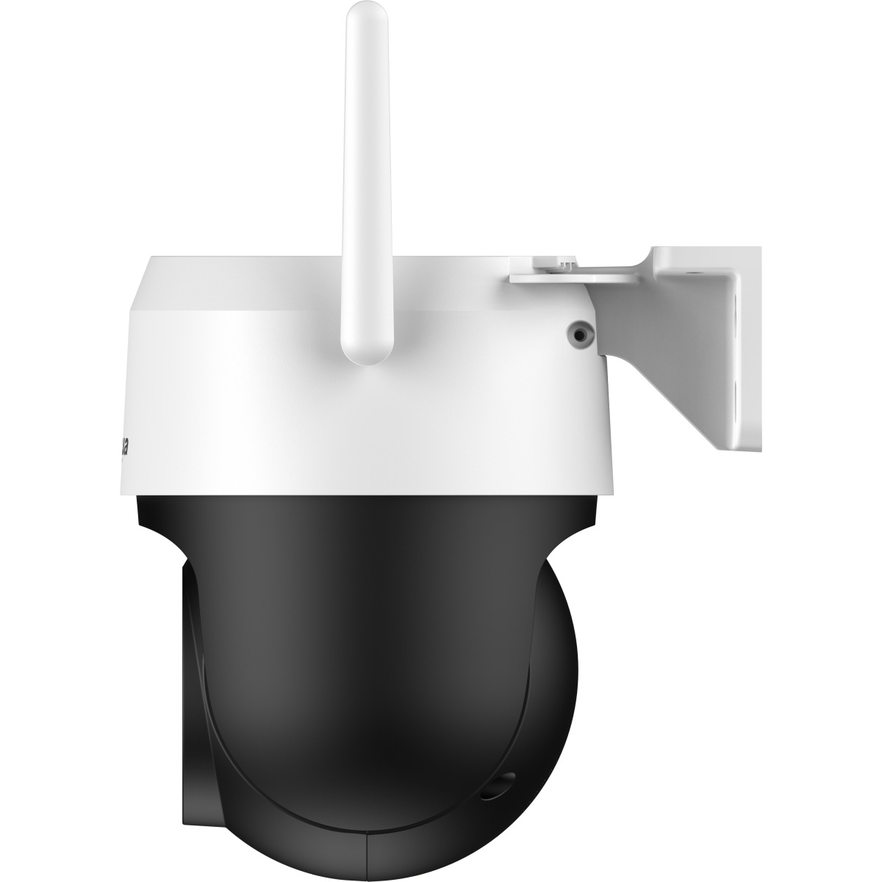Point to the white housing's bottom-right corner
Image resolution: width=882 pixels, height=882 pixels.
[606, 491]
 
